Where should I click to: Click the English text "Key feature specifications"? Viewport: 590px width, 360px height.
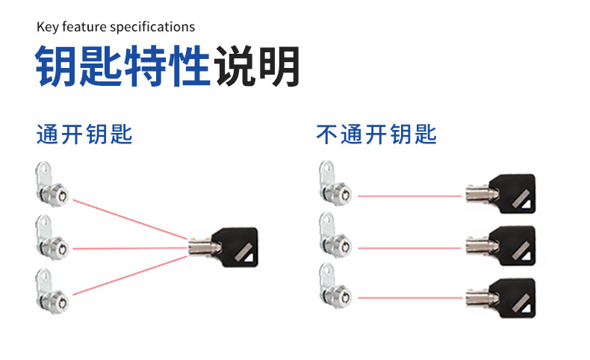click(116, 27)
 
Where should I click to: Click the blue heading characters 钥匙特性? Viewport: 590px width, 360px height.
click(122, 68)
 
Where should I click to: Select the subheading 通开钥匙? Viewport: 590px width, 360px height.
click(84, 135)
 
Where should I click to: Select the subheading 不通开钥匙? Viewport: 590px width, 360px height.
click(376, 135)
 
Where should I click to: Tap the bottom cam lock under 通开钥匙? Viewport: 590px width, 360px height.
click(52, 288)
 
